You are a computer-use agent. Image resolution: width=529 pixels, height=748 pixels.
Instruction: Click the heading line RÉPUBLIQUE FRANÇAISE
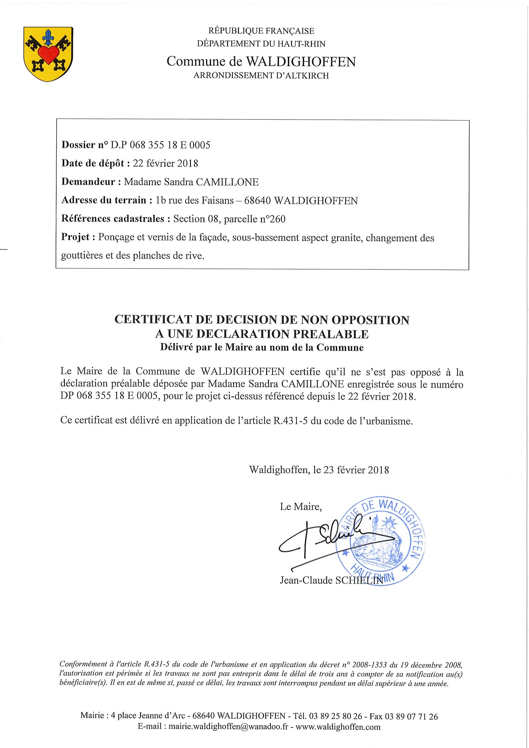click(261, 31)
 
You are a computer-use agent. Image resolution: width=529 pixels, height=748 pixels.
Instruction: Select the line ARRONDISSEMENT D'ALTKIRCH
click(261, 75)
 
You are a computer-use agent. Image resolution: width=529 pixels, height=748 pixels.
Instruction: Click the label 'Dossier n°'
click(84, 145)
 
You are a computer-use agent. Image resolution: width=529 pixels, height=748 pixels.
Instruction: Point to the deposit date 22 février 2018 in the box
click(165, 163)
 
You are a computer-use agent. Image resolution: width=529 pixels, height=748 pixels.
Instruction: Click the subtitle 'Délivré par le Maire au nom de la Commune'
click(262, 347)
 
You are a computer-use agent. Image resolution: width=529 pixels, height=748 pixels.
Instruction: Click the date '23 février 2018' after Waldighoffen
click(356, 470)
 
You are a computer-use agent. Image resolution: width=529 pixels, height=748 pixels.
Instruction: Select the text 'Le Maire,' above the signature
click(301, 507)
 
